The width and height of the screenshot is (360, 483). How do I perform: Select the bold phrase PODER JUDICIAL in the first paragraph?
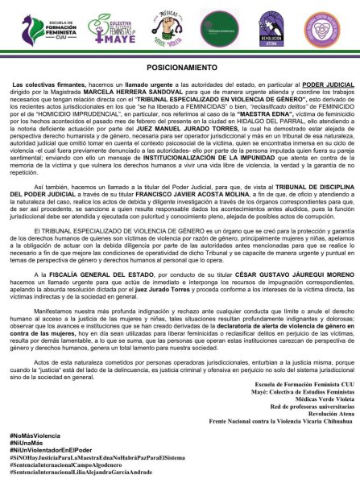(304, 107)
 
